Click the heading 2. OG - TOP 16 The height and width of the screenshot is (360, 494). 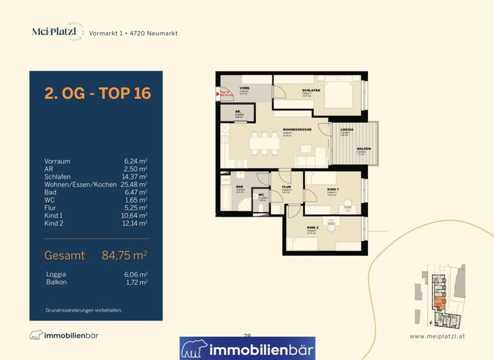click(x=97, y=93)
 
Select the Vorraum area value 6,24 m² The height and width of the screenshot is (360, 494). click(x=136, y=161)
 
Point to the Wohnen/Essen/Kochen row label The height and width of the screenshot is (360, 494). click(x=80, y=184)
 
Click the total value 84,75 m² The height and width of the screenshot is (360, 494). click(x=125, y=255)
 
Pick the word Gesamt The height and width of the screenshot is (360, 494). click(x=64, y=255)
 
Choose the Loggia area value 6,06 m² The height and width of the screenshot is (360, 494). click(x=136, y=274)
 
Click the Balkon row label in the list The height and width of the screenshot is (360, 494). click(x=57, y=282)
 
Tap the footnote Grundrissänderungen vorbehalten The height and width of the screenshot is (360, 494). click(x=84, y=310)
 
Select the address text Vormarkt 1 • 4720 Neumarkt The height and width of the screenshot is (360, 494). click(x=133, y=33)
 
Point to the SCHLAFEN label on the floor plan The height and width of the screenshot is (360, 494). click(x=311, y=91)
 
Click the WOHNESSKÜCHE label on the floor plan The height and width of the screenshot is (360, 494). click(x=297, y=130)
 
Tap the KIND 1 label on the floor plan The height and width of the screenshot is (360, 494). click(x=333, y=188)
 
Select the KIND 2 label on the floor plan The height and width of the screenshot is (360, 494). click(x=313, y=229)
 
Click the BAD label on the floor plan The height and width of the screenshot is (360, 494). click(x=239, y=187)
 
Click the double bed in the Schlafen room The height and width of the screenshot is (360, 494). click(x=342, y=94)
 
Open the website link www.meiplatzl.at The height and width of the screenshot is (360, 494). click(x=437, y=336)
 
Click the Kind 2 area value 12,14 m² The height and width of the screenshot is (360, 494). click(x=136, y=224)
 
